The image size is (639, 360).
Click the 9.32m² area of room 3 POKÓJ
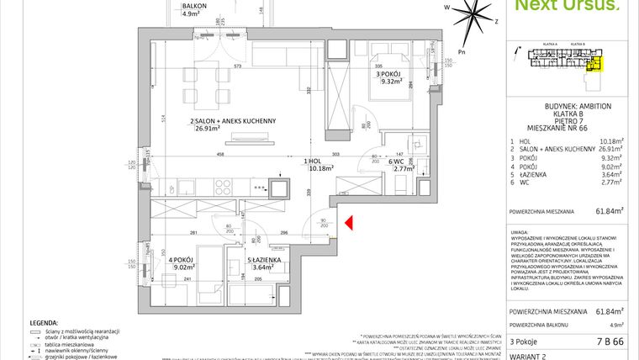pyautogui.click(x=393, y=82)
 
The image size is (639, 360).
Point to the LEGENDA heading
pyautogui.click(x=44, y=322)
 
